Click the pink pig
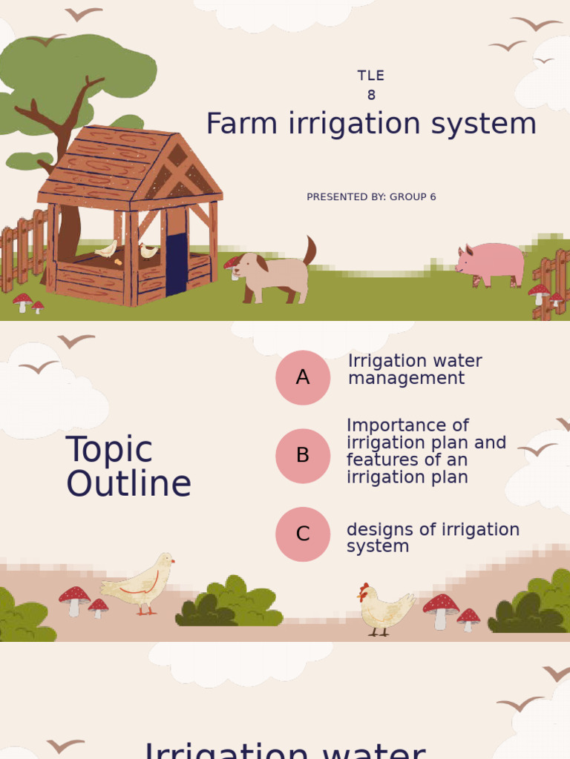click(x=492, y=264)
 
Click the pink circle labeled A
click(x=303, y=377)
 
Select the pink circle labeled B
click(x=303, y=456)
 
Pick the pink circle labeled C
click(x=303, y=534)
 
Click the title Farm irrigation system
click(x=371, y=124)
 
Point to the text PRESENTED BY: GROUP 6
click(x=371, y=197)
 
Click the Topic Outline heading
click(x=128, y=467)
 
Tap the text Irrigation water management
click(x=414, y=370)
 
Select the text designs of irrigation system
click(x=432, y=538)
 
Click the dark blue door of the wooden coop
click(x=177, y=264)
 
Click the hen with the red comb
click(x=384, y=609)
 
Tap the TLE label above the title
click(x=371, y=76)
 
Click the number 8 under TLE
click(x=371, y=95)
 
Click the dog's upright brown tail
click(x=309, y=251)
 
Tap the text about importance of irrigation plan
click(x=425, y=451)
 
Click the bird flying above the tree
click(x=83, y=14)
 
